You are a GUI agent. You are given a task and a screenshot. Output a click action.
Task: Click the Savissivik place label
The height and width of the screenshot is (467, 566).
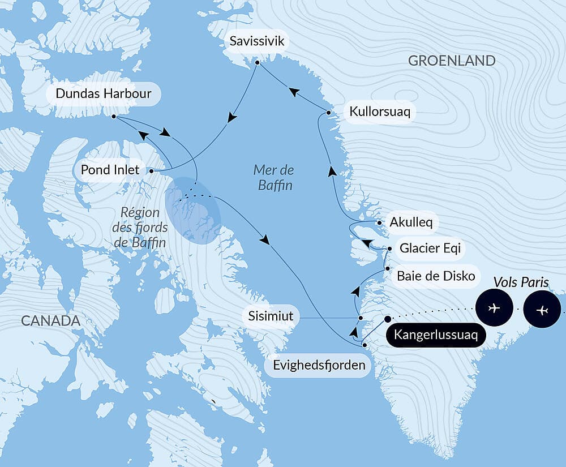pos(258,41)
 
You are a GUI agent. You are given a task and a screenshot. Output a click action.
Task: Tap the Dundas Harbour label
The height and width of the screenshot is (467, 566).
pos(104,93)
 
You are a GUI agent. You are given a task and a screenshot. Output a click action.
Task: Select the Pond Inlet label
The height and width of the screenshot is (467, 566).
pos(110,170)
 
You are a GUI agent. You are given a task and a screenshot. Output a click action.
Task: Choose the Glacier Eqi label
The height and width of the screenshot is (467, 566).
pos(429,248)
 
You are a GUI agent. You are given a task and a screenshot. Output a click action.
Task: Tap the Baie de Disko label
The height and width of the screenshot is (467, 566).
pos(435,276)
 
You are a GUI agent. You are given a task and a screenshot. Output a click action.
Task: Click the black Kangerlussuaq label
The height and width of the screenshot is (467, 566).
pos(435,335)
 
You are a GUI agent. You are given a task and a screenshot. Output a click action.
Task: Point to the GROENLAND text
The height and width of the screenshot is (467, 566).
pos(452,61)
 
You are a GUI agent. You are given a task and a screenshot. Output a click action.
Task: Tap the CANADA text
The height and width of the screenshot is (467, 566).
pos(50,321)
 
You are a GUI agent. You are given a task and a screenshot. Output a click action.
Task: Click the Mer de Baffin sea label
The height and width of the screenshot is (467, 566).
pos(274,177)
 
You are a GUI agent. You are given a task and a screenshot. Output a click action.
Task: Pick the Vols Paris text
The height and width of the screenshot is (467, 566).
pos(521,282)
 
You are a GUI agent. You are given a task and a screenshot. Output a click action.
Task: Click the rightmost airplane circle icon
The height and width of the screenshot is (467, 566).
pos(542,310)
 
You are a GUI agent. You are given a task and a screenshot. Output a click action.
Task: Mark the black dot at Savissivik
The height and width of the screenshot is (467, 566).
pos(257,62)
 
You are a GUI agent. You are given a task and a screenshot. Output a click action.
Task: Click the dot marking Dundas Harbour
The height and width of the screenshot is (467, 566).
pos(114,117)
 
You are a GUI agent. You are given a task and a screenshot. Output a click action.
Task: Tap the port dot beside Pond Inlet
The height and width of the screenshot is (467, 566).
pos(152,170)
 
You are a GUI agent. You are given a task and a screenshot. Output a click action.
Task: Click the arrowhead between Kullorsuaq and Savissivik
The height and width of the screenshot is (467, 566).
pos(293,91)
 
